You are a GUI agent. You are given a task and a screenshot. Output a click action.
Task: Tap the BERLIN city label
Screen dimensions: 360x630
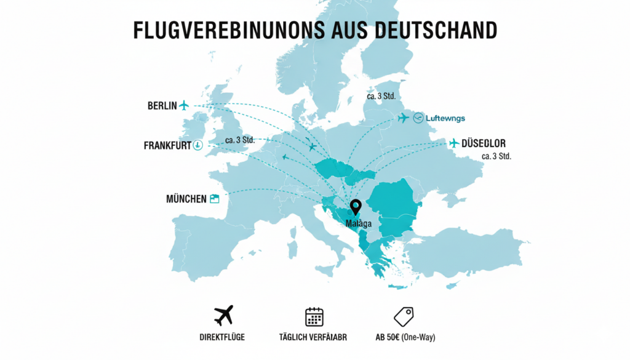pos(162,105)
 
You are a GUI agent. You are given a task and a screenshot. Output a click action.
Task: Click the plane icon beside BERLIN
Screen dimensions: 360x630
pos(184,105)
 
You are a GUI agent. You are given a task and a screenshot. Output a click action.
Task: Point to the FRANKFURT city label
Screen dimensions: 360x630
pos(167,146)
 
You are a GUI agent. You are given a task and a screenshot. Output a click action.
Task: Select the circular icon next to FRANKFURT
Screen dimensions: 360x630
pos(197,145)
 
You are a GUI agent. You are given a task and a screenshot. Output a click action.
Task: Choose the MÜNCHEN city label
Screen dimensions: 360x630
pos(186,199)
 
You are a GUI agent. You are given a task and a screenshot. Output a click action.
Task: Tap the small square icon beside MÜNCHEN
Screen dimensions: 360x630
pos(215,199)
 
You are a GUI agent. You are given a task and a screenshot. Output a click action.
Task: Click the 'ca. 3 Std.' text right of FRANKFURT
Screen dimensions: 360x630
pos(240,140)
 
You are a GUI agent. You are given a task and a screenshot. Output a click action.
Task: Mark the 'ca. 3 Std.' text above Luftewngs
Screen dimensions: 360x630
pos(381,97)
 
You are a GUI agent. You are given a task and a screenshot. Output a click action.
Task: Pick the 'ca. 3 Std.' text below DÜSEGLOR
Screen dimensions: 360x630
pos(496,156)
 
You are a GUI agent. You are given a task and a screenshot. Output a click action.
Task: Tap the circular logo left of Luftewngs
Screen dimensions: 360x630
pos(419,118)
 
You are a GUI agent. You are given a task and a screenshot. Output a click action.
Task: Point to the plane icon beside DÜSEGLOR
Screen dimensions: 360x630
pos(455,143)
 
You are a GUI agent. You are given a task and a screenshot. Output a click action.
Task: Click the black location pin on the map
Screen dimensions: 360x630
pos(354,208)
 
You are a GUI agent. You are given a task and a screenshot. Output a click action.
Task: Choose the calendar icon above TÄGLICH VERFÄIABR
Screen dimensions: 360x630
pos(314,316)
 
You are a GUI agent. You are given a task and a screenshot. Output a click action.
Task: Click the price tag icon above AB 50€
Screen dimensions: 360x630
pos(404,316)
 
